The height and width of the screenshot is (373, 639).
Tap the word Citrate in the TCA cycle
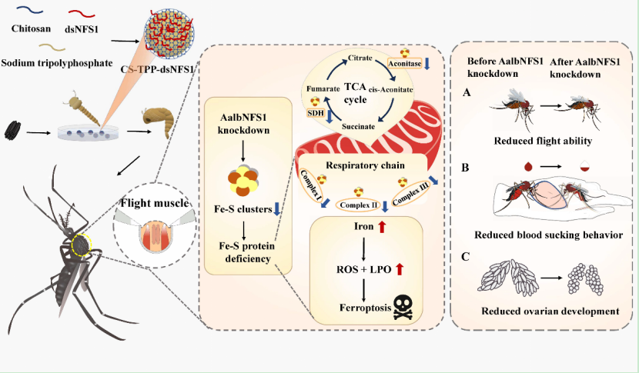pyautogui.click(x=360, y=58)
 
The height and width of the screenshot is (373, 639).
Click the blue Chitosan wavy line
pyautogui.click(x=31, y=12)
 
